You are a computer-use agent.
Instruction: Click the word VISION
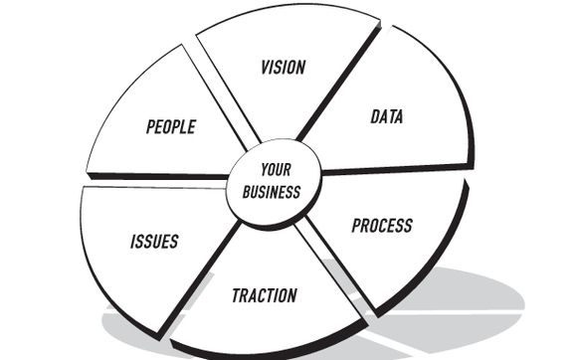(x=283, y=68)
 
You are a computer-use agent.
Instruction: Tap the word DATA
(x=386, y=117)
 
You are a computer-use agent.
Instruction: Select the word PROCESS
(x=381, y=226)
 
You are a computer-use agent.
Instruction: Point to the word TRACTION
(x=264, y=295)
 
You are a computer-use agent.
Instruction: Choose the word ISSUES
(x=154, y=242)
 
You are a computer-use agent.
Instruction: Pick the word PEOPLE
(x=170, y=126)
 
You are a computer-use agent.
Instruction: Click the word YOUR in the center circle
(x=275, y=170)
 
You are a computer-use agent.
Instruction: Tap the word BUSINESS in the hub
(x=271, y=192)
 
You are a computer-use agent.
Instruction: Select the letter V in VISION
(x=265, y=68)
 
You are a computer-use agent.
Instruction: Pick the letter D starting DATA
(x=375, y=118)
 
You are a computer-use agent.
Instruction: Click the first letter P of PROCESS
(x=356, y=226)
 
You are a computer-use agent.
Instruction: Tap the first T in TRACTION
(x=236, y=295)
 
